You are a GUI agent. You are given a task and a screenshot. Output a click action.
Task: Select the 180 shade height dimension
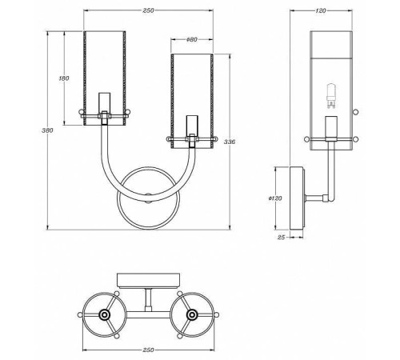64,78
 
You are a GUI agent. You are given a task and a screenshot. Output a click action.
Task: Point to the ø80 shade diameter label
192,39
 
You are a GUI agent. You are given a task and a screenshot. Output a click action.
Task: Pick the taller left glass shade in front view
103,72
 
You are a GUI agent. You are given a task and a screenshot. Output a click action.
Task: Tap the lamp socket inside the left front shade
102,104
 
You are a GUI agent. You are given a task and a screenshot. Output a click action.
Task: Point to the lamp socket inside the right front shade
190,127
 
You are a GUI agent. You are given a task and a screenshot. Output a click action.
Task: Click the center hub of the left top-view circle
102,315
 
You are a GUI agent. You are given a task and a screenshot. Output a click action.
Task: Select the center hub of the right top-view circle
191,315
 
